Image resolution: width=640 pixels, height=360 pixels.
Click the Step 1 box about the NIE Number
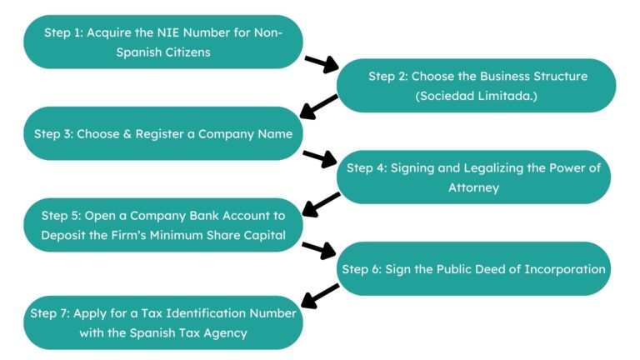coord(162,42)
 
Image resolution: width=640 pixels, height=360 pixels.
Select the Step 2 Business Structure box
coord(477,86)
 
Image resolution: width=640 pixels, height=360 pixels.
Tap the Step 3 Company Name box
coord(162,133)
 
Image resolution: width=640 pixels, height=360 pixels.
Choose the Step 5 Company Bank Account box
coord(162,225)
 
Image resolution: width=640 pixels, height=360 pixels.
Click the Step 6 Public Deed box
coord(473,268)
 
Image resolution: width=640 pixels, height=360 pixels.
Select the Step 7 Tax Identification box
coord(162,322)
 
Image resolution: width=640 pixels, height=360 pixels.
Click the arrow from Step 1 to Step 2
coord(322,63)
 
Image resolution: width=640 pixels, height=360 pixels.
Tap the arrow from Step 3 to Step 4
coord(321,157)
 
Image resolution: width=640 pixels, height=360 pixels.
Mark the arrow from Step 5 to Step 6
coord(319,248)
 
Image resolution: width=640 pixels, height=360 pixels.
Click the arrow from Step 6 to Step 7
coord(319,294)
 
